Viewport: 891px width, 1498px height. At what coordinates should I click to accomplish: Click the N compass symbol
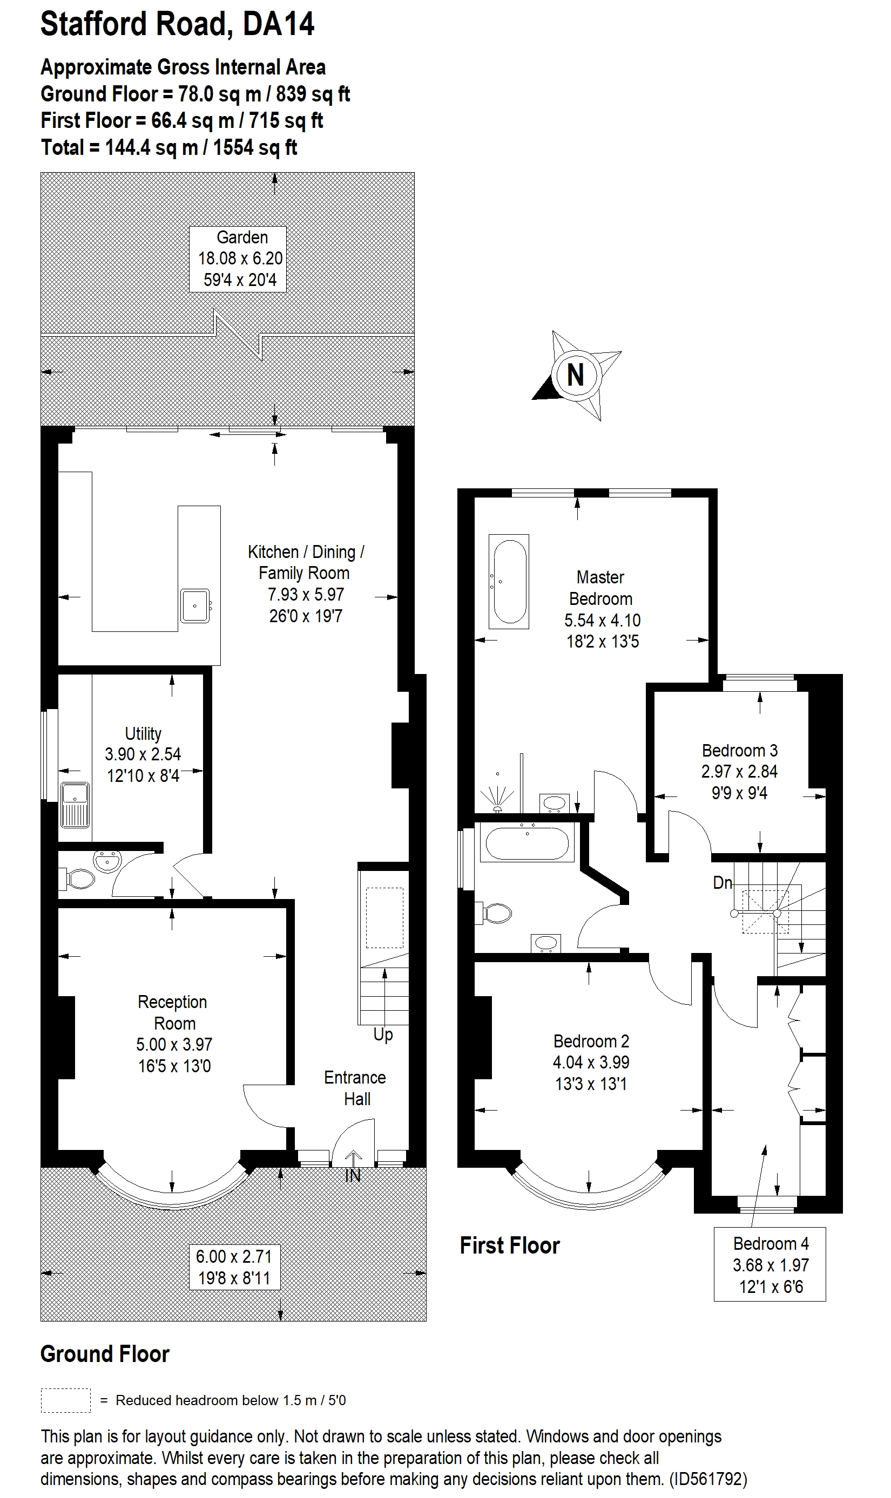[x=575, y=375]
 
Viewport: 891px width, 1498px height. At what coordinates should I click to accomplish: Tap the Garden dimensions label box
[x=237, y=258]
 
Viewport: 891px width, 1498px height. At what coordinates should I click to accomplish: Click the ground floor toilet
[x=78, y=880]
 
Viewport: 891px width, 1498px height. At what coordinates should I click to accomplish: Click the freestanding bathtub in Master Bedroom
[x=509, y=581]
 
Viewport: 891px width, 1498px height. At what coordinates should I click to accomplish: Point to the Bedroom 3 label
[x=740, y=771]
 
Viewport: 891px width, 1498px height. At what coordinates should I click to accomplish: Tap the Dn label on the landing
[x=723, y=882]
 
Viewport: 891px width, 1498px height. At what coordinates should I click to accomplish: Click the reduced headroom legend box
[x=65, y=1401]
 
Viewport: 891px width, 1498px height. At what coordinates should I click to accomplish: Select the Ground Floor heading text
[x=105, y=1354]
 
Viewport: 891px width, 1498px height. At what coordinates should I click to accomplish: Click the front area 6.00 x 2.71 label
[x=234, y=1267]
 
